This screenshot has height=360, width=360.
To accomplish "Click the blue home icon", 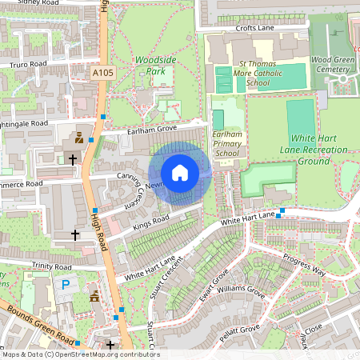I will click(x=180, y=173).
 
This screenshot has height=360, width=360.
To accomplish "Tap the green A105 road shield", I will click(x=102, y=73).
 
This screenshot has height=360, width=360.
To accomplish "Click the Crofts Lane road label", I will click(x=254, y=28).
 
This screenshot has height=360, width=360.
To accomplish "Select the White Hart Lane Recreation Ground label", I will click(x=313, y=149).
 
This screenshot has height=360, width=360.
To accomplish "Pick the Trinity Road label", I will click(x=52, y=265).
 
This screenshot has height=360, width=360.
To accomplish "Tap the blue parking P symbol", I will click(x=65, y=284).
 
